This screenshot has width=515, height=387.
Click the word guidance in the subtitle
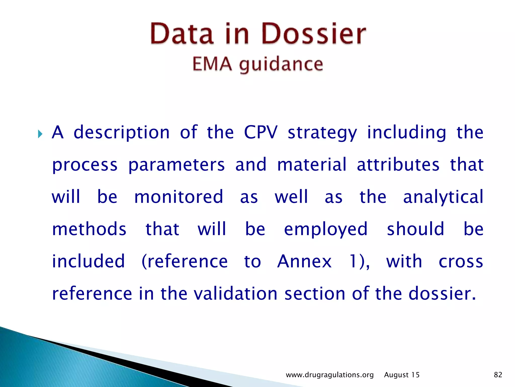(x=281, y=65)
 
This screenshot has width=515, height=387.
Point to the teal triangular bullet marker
(x=40, y=134)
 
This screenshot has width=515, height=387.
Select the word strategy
(x=322, y=133)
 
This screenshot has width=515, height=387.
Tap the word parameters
(x=176, y=165)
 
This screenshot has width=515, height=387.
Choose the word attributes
(x=398, y=165)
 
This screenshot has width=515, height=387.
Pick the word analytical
(x=443, y=197)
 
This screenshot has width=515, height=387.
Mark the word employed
(x=326, y=230)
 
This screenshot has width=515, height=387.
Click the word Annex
(x=304, y=261)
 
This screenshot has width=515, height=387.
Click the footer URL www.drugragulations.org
(x=330, y=375)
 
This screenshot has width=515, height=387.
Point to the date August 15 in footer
(x=402, y=375)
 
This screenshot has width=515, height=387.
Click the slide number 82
(x=498, y=375)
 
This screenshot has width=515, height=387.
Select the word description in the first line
(x=122, y=133)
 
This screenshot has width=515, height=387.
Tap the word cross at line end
(x=461, y=262)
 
